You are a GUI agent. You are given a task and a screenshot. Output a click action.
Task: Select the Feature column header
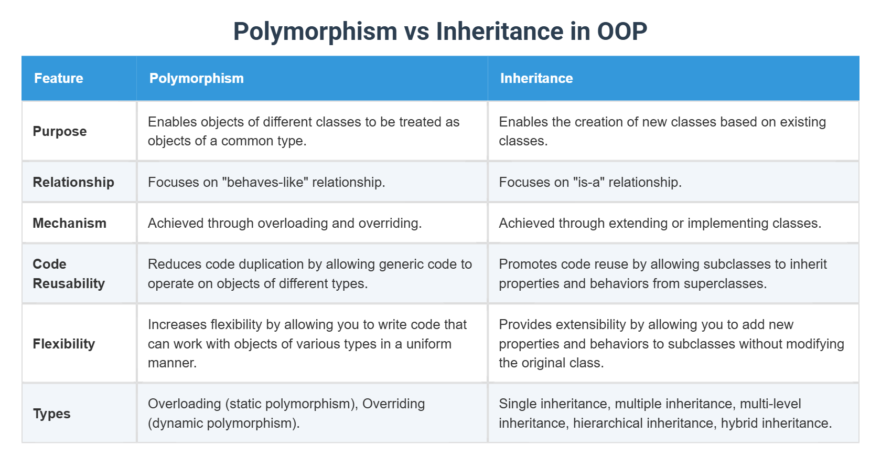tap(59, 78)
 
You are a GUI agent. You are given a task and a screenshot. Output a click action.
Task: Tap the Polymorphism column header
tap(197, 78)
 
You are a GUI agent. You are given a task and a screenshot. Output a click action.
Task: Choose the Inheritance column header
tap(536, 78)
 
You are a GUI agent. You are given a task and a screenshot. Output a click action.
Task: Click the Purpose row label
tap(60, 131)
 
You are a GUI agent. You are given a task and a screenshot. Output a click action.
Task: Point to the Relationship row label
tap(73, 182)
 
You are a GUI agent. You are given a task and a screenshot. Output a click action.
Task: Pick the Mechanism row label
tap(70, 223)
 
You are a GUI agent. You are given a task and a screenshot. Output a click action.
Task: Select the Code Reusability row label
tap(69, 273)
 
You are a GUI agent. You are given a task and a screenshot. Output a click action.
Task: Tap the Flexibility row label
tap(64, 344)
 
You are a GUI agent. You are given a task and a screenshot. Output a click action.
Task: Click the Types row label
tap(52, 414)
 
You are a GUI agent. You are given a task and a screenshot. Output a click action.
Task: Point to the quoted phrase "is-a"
tap(586, 182)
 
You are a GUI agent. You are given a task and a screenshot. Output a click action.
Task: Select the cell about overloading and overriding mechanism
tap(285, 223)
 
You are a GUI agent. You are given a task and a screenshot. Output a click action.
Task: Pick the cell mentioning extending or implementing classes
tap(660, 223)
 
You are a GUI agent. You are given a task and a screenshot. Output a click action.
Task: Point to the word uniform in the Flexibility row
tap(429, 344)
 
